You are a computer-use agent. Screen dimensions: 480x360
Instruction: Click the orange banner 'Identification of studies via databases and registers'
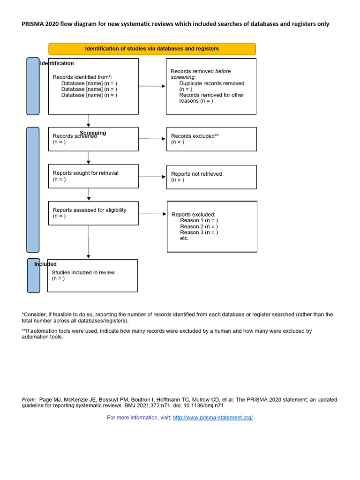(x=152, y=49)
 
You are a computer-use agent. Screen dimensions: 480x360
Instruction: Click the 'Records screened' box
(x=93, y=140)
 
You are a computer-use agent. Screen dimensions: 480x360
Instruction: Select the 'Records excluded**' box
(x=211, y=139)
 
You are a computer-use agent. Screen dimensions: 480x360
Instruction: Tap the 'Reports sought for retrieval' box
(x=93, y=176)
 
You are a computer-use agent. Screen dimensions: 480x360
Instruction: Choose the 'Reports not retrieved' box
(x=211, y=177)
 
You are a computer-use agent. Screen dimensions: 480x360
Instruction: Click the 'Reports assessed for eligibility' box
(x=93, y=213)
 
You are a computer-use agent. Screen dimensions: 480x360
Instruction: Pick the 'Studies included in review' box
(x=92, y=276)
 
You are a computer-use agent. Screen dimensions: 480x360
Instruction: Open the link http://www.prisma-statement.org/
(x=212, y=418)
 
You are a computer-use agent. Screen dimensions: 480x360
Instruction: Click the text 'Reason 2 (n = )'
(x=199, y=226)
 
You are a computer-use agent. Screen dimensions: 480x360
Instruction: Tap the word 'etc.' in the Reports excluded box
(x=184, y=238)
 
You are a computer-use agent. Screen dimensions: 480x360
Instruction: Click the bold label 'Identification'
(x=57, y=63)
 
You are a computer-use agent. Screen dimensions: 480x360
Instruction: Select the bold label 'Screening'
(x=93, y=133)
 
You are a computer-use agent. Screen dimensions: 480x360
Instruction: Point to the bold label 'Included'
(x=45, y=264)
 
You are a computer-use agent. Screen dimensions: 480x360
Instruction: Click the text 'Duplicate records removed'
(x=211, y=83)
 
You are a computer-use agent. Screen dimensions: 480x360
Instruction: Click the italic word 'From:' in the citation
(x=29, y=400)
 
